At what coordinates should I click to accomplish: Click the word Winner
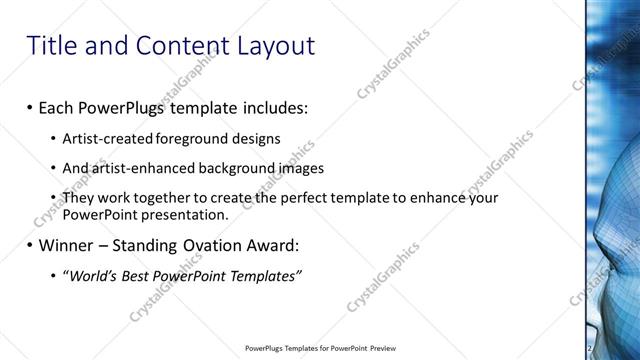coord(68,245)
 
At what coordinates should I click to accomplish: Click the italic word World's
coord(92,276)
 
